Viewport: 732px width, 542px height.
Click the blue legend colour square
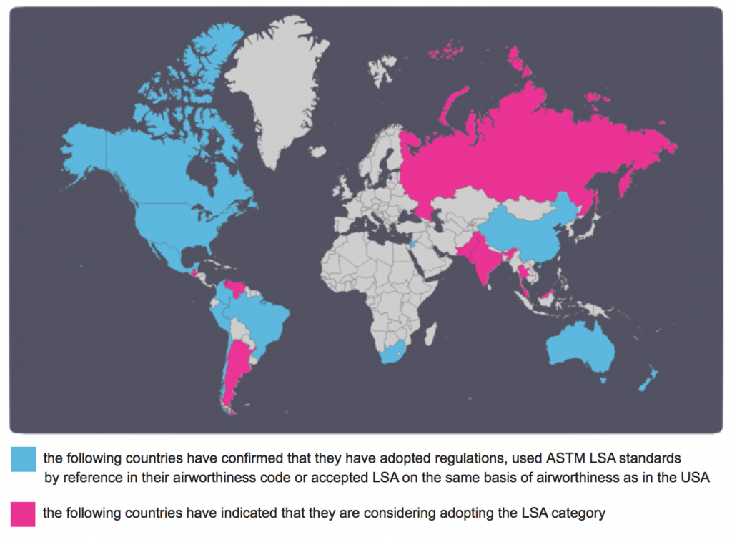pyautogui.click(x=24, y=459)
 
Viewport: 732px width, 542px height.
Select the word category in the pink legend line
pyautogui.click(x=582, y=513)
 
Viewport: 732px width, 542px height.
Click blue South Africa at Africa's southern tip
pyautogui.click(x=394, y=353)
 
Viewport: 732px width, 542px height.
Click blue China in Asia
pyautogui.click(x=529, y=232)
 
